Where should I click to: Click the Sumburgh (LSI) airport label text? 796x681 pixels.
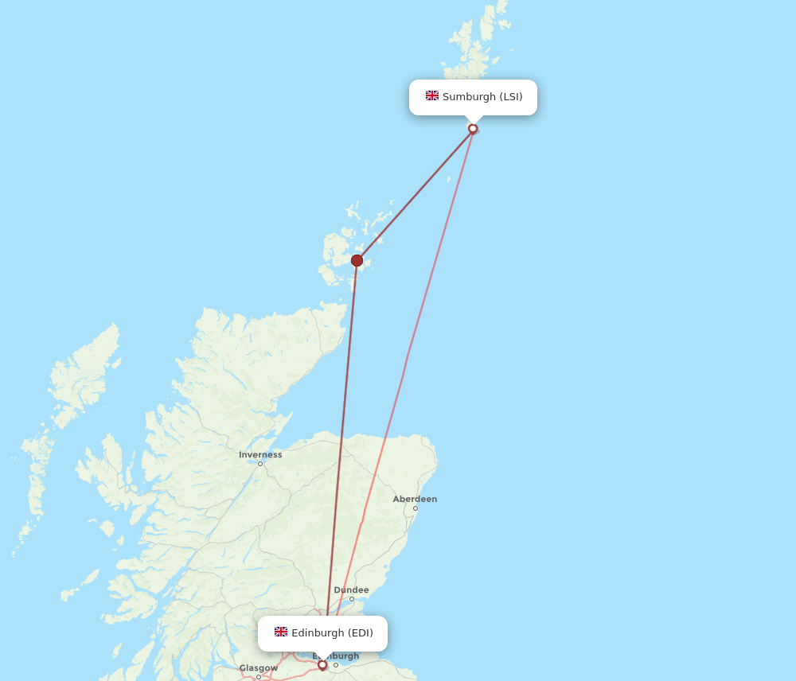point(482,97)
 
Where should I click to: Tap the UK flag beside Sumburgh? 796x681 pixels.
point(432,96)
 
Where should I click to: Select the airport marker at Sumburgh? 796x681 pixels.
point(473,129)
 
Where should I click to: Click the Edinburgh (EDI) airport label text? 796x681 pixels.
point(332,633)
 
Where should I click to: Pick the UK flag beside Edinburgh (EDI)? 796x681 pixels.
point(281,632)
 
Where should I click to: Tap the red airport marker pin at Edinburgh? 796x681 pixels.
point(322,665)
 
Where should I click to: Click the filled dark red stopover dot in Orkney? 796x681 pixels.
point(357,261)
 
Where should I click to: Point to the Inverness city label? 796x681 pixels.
point(260,455)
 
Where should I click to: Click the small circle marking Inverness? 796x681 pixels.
point(260,464)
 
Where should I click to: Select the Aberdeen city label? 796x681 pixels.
point(415,500)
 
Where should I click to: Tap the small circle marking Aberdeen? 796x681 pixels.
point(416,508)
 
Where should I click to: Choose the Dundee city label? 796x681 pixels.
point(351,590)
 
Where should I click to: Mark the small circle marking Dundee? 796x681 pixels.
point(352,599)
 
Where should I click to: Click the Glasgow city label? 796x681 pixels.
point(259,668)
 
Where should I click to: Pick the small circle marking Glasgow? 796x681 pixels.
point(259,677)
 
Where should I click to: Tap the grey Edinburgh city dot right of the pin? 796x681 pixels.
point(336,665)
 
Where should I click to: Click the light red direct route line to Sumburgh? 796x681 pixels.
point(408,356)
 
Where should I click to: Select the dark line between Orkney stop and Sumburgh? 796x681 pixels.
point(415,195)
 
